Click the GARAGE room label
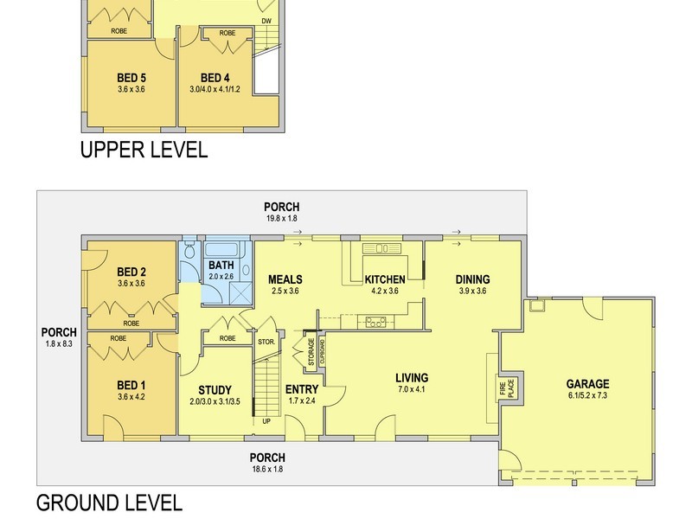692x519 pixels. point(587,384)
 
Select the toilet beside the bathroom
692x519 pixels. point(190,252)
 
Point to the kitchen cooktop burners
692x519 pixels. point(375,322)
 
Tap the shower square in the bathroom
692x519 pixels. point(240,292)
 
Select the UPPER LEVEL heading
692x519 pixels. point(144,150)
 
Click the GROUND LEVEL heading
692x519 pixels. point(109,503)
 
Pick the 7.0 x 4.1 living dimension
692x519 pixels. point(412,389)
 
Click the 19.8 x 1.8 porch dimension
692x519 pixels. point(282,218)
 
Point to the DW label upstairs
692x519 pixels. point(266,21)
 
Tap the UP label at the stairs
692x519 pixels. point(266,421)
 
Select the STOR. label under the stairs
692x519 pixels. point(266,342)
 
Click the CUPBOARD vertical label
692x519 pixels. point(322,351)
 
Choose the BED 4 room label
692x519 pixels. point(215,78)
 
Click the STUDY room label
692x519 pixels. point(215,390)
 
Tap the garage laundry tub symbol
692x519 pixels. point(537,305)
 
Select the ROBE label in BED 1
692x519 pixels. point(119,338)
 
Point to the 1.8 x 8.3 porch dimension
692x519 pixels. point(59,343)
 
